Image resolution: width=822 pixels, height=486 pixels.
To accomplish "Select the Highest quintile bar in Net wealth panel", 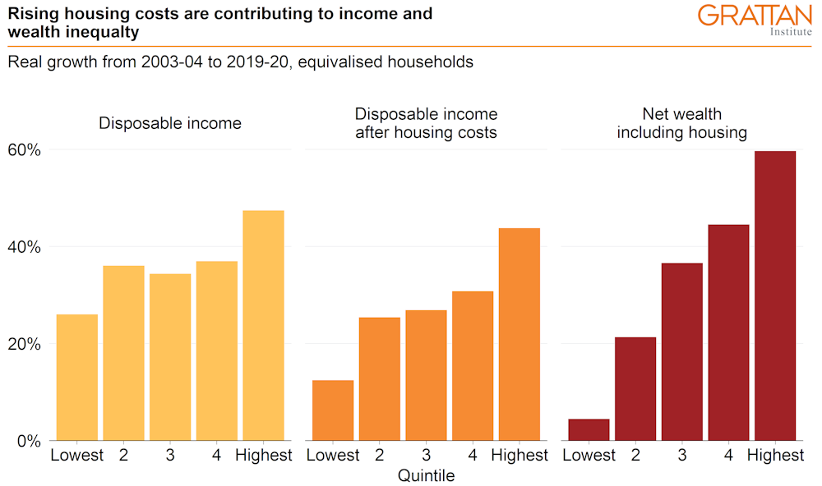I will click(x=775, y=296).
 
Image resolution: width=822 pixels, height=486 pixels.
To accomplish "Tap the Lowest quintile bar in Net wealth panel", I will click(x=589, y=429).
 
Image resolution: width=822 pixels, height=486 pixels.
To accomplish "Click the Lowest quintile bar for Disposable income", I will click(x=77, y=377).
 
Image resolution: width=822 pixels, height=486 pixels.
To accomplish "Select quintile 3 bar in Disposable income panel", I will click(x=170, y=356).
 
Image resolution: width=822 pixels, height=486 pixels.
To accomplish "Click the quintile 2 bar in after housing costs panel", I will click(x=380, y=378).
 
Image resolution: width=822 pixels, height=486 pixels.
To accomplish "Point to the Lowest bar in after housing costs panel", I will click(x=333, y=410).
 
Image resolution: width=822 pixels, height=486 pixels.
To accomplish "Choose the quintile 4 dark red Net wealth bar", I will click(x=728, y=332).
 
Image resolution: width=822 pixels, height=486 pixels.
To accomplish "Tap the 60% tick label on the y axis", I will click(x=25, y=150).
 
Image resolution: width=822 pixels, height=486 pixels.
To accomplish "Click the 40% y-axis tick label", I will click(x=25, y=247).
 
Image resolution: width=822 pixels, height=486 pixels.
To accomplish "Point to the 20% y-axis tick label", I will click(x=25, y=344).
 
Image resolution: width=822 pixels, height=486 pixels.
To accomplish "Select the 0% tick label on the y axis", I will click(x=30, y=441).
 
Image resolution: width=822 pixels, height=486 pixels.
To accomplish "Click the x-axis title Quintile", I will click(x=426, y=475).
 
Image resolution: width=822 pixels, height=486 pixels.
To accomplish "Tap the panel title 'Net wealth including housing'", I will click(x=681, y=123).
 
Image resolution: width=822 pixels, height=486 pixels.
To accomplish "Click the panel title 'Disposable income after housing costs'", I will click(x=426, y=123).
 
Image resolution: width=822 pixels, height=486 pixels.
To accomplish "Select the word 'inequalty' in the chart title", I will click(x=103, y=32).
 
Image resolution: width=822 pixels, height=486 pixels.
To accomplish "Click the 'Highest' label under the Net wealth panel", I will click(x=775, y=456).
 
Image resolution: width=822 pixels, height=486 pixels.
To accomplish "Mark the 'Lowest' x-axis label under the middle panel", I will click(x=333, y=456).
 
